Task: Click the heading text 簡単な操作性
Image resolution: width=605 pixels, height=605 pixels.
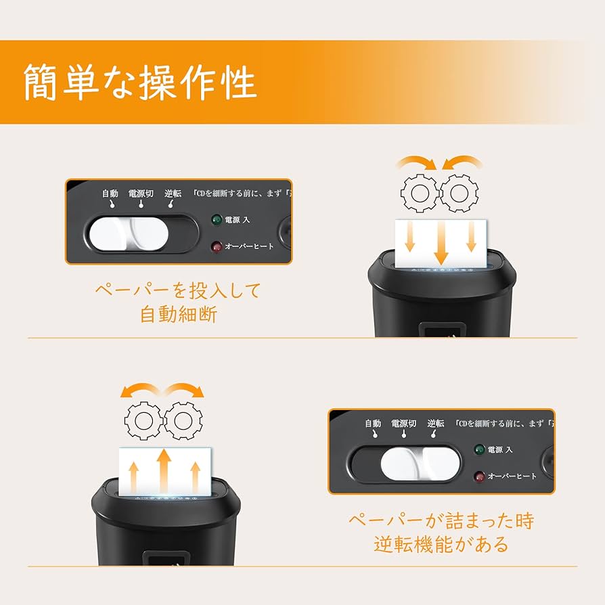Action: point(140,83)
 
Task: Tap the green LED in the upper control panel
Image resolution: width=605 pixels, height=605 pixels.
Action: point(217,219)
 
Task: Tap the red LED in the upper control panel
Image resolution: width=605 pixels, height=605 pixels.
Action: point(217,246)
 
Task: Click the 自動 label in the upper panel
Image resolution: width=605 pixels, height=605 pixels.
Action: point(110,194)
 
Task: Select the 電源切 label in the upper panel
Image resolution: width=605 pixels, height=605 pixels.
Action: point(141,194)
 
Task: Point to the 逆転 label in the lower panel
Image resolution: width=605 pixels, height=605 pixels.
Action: point(436,424)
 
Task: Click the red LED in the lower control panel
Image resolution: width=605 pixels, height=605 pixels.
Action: point(479,476)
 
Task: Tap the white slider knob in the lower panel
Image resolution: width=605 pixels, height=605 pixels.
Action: point(420,463)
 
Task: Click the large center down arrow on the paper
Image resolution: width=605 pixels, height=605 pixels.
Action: point(441,244)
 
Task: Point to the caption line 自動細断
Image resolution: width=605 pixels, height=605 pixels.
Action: point(179,315)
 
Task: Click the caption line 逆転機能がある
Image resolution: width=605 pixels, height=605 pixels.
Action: point(441,544)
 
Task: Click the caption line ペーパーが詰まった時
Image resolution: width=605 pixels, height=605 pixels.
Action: point(441,520)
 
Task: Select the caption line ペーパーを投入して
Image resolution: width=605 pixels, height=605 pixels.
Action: point(177,291)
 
